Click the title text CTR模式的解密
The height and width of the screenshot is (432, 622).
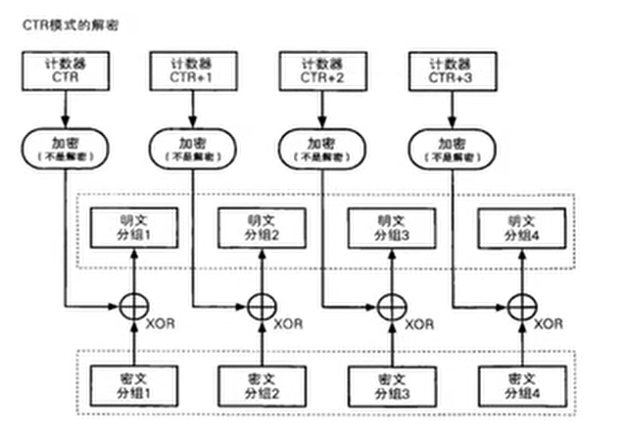pos(71,25)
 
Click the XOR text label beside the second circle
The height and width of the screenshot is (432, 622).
pos(288,324)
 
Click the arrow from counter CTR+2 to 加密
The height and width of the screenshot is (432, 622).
pos(322,110)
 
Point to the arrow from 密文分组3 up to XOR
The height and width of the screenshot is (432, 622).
pos(392,344)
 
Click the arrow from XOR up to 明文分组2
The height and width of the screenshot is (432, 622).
pos(262,270)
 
